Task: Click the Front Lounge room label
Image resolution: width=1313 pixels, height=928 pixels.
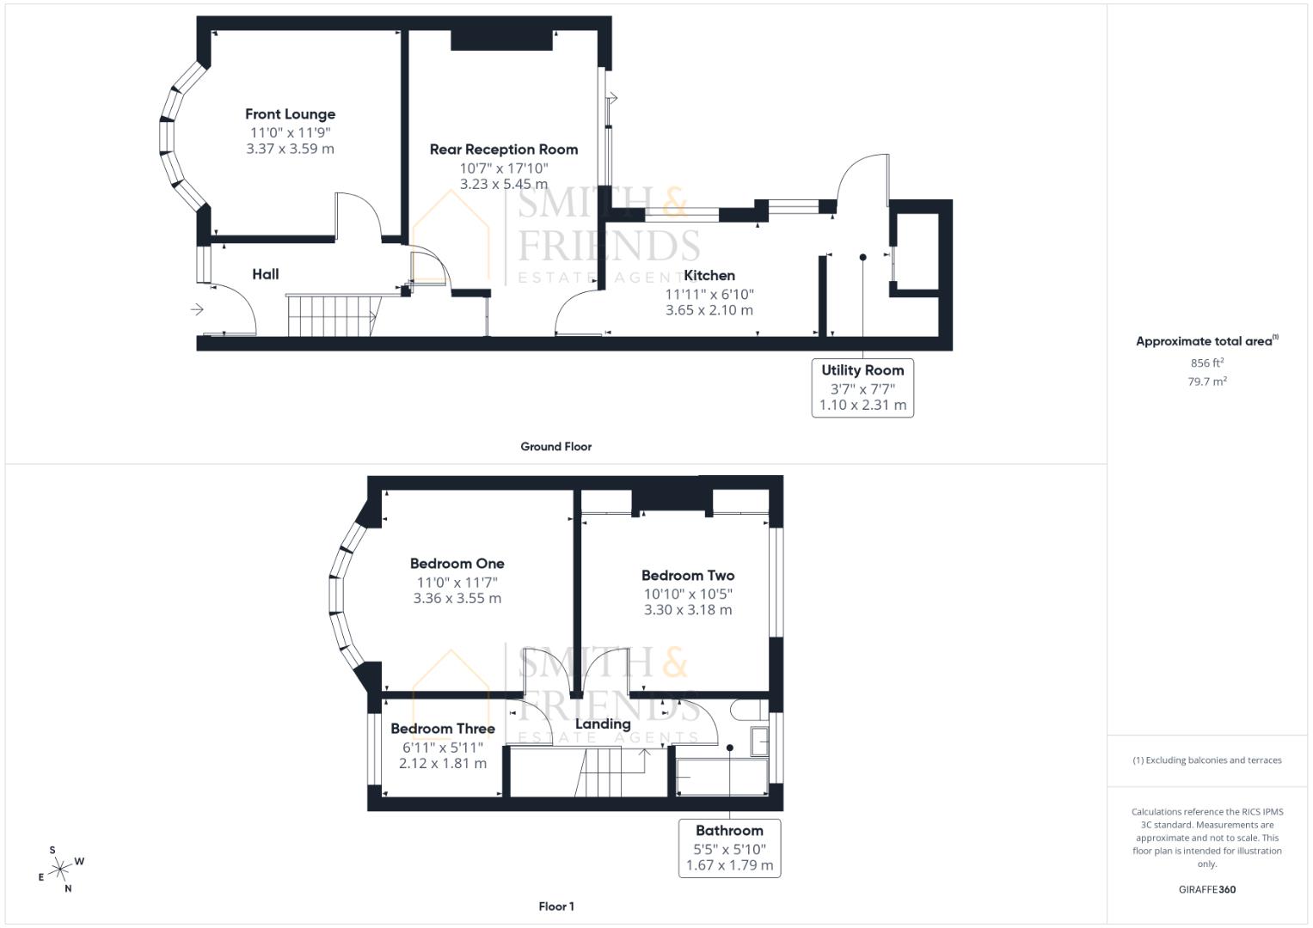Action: click(290, 114)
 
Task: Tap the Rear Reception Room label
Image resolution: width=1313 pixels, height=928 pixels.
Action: click(503, 150)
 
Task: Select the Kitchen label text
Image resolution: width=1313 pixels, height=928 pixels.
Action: click(709, 276)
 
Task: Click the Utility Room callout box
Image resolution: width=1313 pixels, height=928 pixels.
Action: click(862, 388)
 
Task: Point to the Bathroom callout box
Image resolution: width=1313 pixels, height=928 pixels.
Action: click(729, 848)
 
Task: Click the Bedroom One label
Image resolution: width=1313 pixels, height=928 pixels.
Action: click(457, 564)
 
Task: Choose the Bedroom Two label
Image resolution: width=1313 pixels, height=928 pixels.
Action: click(688, 576)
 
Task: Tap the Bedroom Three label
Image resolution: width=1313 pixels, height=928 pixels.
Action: click(442, 729)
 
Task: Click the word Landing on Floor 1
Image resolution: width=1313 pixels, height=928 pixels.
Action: click(602, 724)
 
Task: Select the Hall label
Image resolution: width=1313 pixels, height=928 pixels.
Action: click(265, 275)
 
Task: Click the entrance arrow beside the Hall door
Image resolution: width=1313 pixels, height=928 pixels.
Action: click(197, 309)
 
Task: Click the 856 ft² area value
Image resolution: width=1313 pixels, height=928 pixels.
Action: click(1206, 363)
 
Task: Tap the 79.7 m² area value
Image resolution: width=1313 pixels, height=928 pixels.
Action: click(1206, 382)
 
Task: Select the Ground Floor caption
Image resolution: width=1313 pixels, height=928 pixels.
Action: click(555, 447)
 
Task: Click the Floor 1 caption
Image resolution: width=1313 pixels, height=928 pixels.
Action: click(555, 907)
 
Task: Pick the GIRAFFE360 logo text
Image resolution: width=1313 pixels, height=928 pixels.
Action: click(1206, 889)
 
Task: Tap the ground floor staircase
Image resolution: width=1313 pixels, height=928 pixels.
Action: click(331, 316)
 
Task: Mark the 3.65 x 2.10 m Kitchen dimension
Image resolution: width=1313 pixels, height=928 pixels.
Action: click(709, 310)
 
